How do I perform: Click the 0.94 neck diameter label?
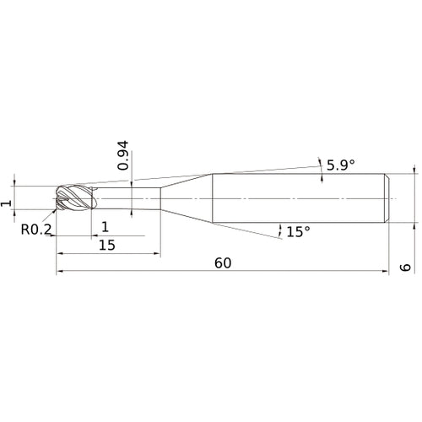click(x=123, y=155)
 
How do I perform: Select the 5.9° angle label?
click(x=340, y=165)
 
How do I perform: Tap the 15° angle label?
click(x=299, y=232)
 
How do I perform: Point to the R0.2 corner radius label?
click(x=36, y=230)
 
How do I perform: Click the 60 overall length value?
click(x=223, y=263)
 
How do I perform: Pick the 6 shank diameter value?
click(x=405, y=268)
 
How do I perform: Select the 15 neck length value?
click(x=107, y=246)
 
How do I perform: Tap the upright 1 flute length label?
click(x=105, y=227)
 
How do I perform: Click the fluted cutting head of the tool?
click(x=75, y=197)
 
